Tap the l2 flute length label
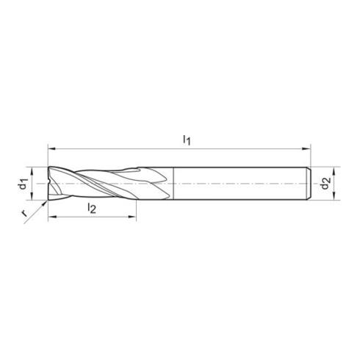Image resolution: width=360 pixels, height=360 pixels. click(x=92, y=209)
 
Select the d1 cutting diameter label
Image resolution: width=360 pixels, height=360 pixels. click(x=24, y=181)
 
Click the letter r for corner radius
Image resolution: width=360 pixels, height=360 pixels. click(x=24, y=214)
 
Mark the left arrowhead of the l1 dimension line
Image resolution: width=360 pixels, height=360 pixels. click(x=50, y=145)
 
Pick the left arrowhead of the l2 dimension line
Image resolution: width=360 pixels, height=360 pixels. click(x=51, y=217)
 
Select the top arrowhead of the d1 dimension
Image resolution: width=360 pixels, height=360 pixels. click(x=34, y=168)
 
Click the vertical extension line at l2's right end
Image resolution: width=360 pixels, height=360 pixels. click(x=137, y=209)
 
